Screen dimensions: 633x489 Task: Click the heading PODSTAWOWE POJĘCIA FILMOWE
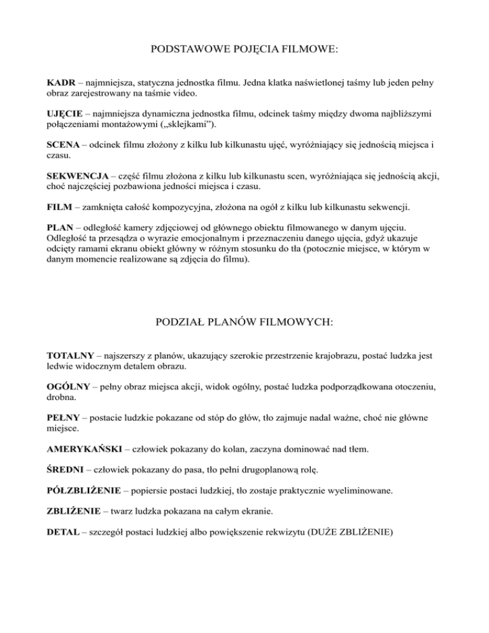click(244, 48)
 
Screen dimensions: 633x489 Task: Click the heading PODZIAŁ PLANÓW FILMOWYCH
click(244, 323)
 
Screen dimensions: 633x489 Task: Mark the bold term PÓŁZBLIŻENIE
click(83, 491)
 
